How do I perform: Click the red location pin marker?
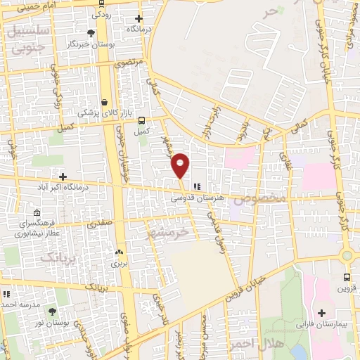180,165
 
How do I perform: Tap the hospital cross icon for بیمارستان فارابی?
322,312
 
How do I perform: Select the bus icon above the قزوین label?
347,277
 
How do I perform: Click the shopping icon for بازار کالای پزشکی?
105,101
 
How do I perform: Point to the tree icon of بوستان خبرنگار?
91,33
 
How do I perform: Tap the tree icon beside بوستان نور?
50,310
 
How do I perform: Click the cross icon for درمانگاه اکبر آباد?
63,176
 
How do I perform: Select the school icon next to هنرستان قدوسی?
198,186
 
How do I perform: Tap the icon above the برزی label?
119,252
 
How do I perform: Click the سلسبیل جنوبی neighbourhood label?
27,39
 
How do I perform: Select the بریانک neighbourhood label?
56,257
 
